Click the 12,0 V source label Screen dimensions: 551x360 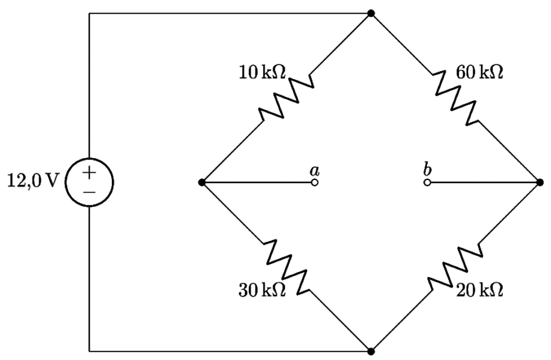pos(32,181)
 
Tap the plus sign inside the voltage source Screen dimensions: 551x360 pos(89,173)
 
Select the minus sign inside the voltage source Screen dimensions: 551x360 pos(89,192)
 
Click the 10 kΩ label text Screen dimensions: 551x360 pos(262,72)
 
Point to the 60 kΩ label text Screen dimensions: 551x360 pos(479,72)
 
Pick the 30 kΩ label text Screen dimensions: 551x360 pos(262,291)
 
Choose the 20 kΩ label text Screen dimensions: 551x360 pos(479,291)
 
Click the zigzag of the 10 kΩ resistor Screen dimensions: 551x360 pos(286,98)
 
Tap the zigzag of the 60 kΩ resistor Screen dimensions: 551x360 pos(455,98)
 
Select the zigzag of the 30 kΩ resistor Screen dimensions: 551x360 pos(286,267)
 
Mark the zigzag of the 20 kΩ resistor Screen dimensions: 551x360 pos(455,267)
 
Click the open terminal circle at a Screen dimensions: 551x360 pos(314,182)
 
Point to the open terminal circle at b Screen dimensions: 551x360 pos(427,182)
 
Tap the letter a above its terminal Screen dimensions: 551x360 pos(314,171)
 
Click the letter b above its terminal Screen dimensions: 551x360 pos(427,169)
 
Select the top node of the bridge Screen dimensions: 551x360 pos(371,13)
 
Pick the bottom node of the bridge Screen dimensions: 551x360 pos(371,351)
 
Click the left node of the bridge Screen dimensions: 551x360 pos(202,182)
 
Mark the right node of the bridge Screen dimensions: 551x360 pos(540,182)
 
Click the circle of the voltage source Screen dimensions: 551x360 pos(65,182)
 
